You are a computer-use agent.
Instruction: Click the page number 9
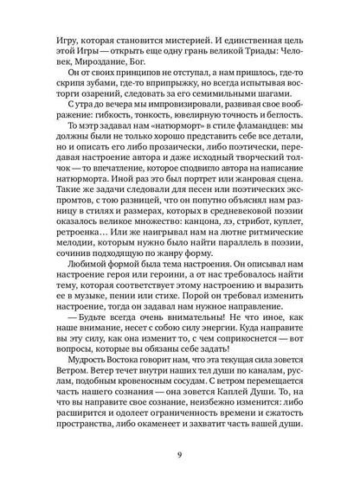[179, 446]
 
